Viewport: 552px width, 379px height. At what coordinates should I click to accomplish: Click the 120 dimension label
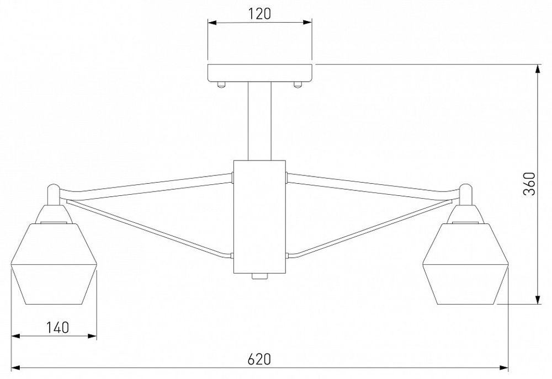click(259, 14)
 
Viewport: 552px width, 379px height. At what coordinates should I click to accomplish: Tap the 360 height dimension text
click(529, 184)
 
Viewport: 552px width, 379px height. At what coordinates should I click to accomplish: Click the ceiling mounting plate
click(259, 72)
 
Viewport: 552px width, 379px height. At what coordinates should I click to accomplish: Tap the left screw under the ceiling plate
click(221, 84)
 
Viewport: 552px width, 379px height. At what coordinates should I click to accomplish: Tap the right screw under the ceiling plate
click(298, 84)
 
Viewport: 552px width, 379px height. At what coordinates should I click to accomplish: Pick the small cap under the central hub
click(259, 277)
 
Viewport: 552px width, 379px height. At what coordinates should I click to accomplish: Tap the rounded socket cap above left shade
click(52, 193)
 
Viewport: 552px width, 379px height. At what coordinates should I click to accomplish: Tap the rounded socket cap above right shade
click(467, 193)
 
